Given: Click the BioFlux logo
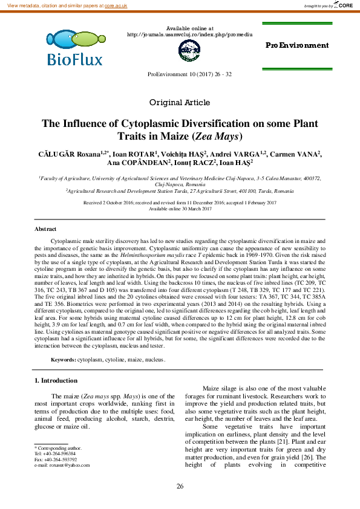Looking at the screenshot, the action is pyautogui.click(x=74, y=48).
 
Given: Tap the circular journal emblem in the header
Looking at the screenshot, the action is pyautogui.click(x=189, y=51).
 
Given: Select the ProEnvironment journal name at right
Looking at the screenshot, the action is pyautogui.click(x=297, y=45).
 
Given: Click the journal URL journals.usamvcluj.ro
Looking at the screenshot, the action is pyautogui.click(x=189, y=34).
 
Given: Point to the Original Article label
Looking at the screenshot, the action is pyautogui.click(x=180, y=102).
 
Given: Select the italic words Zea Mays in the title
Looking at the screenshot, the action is pyautogui.click(x=215, y=136).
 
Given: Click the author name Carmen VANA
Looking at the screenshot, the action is pyautogui.click(x=300, y=154).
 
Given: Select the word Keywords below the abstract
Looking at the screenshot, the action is pyautogui.click(x=63, y=360).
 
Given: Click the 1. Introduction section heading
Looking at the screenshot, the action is pyautogui.click(x=55, y=380).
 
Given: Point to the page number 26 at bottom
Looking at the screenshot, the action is pyautogui.click(x=180, y=487).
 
